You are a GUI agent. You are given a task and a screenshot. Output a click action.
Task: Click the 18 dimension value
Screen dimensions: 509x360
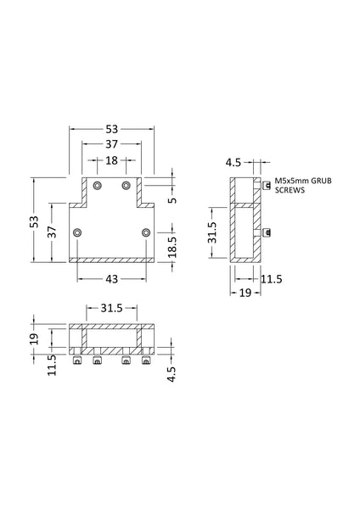pyautogui.click(x=112, y=160)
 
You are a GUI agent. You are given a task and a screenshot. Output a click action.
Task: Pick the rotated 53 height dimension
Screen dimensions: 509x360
pyautogui.click(x=34, y=221)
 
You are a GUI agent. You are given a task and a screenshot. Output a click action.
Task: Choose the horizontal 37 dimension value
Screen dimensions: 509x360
pyautogui.click(x=112, y=145)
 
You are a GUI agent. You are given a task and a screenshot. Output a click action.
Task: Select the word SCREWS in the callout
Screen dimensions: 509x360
pyautogui.click(x=287, y=192)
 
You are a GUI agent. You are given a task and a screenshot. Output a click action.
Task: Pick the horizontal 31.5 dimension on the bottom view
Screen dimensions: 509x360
pyautogui.click(x=112, y=308)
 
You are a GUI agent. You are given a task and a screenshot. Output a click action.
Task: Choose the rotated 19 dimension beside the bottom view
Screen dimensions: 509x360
pyautogui.click(x=35, y=337)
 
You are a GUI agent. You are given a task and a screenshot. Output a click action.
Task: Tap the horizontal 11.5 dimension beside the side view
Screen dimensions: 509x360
pyautogui.click(x=271, y=277)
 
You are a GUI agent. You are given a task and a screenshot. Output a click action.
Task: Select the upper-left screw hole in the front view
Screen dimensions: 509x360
pyautogui.click(x=98, y=185)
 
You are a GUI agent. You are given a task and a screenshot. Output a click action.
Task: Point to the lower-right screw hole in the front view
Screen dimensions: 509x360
pyautogui.click(x=146, y=232)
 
